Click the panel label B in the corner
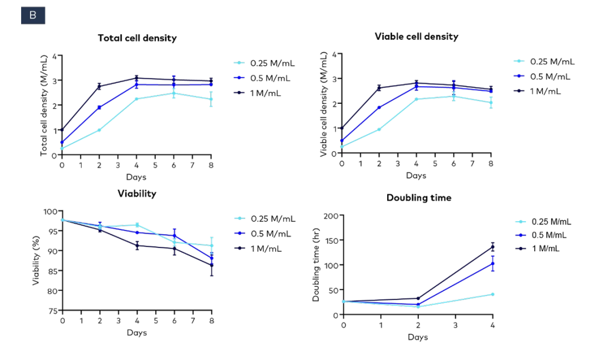(x=33, y=16)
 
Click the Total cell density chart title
(x=137, y=38)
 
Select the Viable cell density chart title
(x=416, y=37)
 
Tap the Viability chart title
(x=136, y=194)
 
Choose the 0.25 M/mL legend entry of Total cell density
(x=270, y=63)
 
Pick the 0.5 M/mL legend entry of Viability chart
(x=271, y=234)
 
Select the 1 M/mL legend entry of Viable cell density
(x=544, y=91)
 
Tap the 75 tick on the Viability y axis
(x=53, y=311)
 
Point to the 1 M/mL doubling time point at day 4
(x=493, y=247)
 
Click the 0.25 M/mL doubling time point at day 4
(x=493, y=294)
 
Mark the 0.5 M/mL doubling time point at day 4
(x=493, y=263)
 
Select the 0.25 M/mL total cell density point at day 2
(x=99, y=130)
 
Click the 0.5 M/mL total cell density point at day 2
(x=99, y=108)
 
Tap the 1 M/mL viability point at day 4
(x=137, y=246)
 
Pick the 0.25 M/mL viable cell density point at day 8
(x=491, y=103)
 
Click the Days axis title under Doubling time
(x=418, y=337)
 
